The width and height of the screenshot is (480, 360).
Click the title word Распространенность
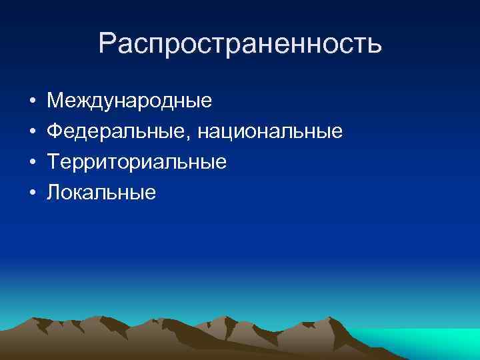[240, 43]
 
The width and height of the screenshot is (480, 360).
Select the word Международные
[129, 101]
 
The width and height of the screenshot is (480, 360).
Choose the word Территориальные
[137, 162]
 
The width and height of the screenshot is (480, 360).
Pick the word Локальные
[101, 193]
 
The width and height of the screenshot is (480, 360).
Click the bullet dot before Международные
[32, 102]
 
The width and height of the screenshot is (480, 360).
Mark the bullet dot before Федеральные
[32, 133]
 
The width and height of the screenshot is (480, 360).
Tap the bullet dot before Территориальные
[32, 163]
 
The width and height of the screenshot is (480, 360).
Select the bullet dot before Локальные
[32, 193]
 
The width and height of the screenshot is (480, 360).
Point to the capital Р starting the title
[107, 43]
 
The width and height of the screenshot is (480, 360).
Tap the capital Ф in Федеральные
[55, 132]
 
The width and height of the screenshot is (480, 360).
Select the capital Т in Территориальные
[53, 162]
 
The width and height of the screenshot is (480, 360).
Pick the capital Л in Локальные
[54, 193]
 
